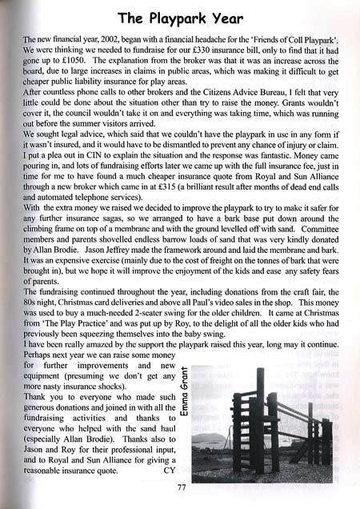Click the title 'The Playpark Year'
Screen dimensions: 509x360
[x=180, y=16]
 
